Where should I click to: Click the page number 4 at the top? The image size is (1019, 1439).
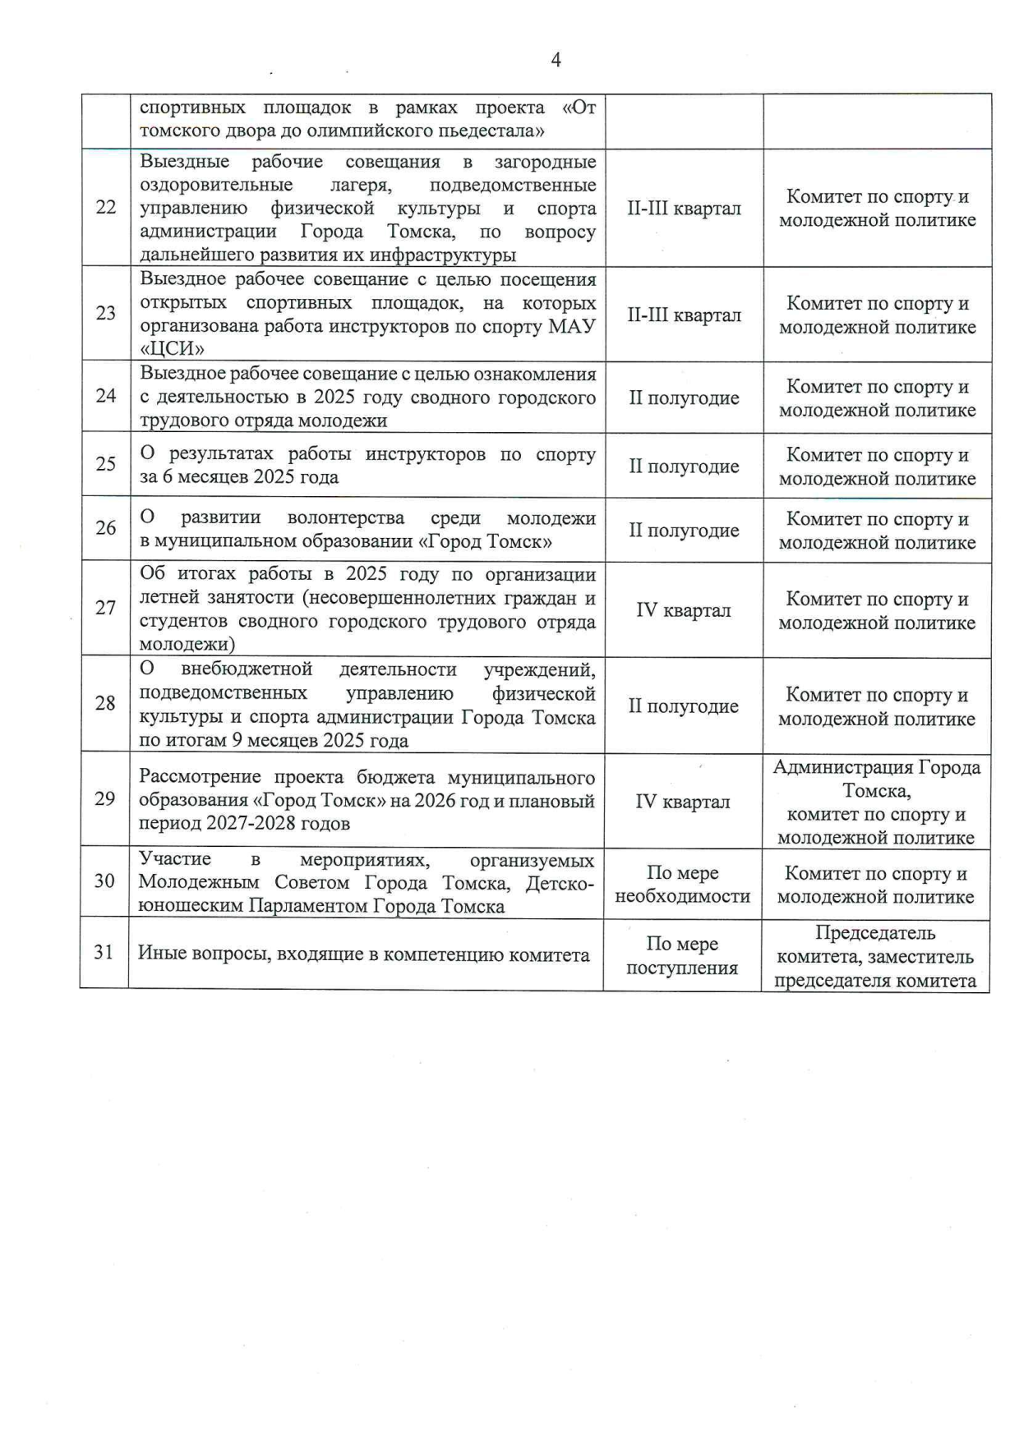[x=556, y=60]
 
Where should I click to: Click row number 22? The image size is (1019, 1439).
[x=106, y=207]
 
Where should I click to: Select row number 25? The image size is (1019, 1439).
[x=106, y=464]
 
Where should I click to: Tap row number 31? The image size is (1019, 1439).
[x=104, y=952]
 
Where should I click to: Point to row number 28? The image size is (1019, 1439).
[x=105, y=703]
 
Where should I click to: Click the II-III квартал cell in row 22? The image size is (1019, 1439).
[x=684, y=209]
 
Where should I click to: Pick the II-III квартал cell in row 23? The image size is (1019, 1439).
[x=684, y=315]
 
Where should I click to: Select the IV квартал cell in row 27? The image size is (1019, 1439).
[x=683, y=611]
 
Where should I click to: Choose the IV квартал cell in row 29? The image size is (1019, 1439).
[x=682, y=802]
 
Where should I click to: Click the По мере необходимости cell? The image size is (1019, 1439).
[x=682, y=885]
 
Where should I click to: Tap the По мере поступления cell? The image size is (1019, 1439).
[x=682, y=956]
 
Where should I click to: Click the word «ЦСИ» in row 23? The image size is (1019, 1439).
[x=172, y=349]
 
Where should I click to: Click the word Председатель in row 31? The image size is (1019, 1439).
[x=875, y=933]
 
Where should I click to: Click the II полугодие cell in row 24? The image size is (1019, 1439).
[x=684, y=398]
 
